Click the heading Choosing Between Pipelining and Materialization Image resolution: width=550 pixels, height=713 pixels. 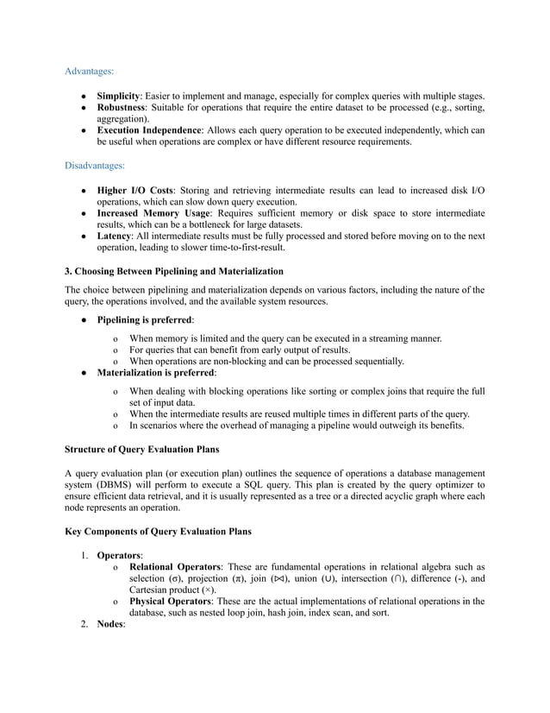pyautogui.click(x=180, y=271)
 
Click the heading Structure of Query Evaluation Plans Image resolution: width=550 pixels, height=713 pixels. pyautogui.click(x=141, y=450)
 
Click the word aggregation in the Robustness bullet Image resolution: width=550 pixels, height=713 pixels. pyautogui.click(x=122, y=118)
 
